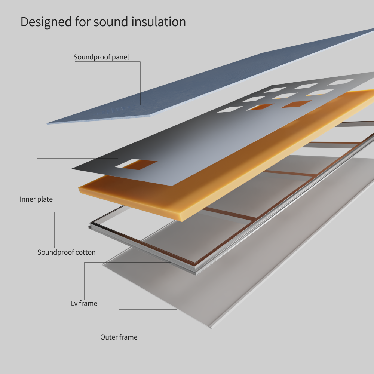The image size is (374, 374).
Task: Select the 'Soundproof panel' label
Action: tap(101, 57)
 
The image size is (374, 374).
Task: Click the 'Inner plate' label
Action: tap(36, 199)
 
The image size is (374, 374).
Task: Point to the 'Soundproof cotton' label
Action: tap(66, 252)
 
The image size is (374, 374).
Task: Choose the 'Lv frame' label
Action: tap(84, 303)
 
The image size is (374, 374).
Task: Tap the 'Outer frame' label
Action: tap(119, 337)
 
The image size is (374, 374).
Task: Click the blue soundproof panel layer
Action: tap(209, 82)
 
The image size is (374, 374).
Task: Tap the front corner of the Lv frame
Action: tap(194, 272)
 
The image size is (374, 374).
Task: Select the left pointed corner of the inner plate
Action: tap(73, 168)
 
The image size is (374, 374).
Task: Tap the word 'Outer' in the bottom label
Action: tap(109, 337)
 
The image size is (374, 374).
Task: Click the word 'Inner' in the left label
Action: tap(28, 199)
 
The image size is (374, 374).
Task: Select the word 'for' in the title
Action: tap(82, 22)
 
